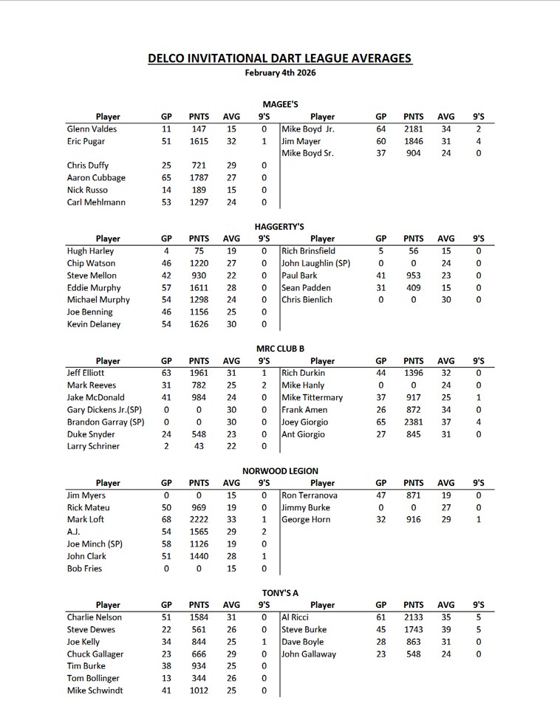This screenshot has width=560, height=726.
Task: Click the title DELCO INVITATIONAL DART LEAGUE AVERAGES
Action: (x=279, y=58)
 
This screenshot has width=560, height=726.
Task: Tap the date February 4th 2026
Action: (x=279, y=73)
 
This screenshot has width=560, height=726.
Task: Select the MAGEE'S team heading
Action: (x=280, y=105)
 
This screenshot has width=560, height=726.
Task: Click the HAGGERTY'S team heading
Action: (x=280, y=227)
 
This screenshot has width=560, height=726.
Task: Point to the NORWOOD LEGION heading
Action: (x=280, y=470)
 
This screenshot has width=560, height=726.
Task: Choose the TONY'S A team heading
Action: (x=280, y=593)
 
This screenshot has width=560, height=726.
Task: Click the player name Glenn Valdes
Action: (x=92, y=129)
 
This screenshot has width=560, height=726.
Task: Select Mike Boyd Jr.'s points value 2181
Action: (x=414, y=129)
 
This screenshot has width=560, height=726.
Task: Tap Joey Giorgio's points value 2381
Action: (x=414, y=422)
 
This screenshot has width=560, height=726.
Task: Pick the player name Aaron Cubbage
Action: (x=96, y=178)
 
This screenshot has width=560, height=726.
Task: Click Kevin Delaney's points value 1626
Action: (x=199, y=324)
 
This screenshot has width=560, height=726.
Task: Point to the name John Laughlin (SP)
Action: (x=316, y=264)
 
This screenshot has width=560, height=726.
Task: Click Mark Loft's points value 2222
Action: (x=199, y=520)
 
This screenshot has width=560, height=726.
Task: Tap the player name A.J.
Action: (x=73, y=532)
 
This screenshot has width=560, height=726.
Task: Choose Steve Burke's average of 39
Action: (x=446, y=630)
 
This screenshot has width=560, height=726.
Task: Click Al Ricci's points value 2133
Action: (x=414, y=617)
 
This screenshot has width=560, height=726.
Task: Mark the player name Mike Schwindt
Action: (x=95, y=691)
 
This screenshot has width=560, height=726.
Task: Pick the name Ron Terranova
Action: (x=310, y=496)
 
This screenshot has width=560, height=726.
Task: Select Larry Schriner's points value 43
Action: (x=199, y=447)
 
